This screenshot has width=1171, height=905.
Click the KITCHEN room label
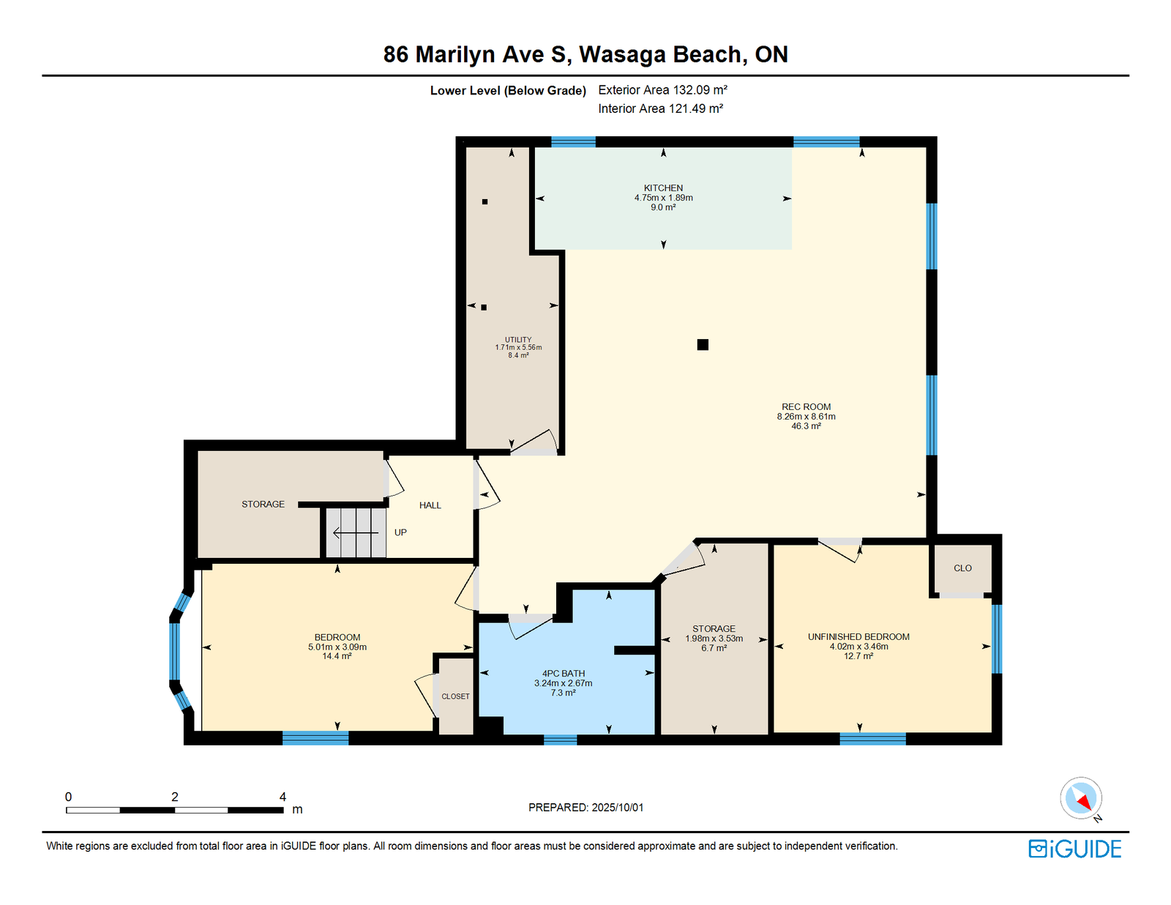[x=663, y=188]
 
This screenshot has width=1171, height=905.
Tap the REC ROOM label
[x=806, y=407]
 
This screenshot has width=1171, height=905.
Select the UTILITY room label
[x=518, y=340]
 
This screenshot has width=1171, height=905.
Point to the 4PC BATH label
[x=563, y=673]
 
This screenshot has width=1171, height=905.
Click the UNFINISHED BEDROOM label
[x=858, y=636]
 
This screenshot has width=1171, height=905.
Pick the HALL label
[x=430, y=505]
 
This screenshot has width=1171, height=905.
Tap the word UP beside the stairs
[x=400, y=532]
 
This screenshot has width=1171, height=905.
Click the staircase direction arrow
[x=356, y=533]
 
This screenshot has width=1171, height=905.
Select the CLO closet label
[x=962, y=568]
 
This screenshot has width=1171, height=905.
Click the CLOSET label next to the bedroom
[x=455, y=696]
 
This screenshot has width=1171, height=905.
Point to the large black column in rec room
[x=702, y=344]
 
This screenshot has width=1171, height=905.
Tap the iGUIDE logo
[x=1074, y=849]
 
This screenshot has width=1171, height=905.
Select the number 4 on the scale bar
[x=283, y=797]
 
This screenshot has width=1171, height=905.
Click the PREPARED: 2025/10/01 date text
[x=585, y=808]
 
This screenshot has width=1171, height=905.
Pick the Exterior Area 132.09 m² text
[x=662, y=90]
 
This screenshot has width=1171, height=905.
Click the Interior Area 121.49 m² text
[x=660, y=108]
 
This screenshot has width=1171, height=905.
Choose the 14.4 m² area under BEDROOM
[x=337, y=656]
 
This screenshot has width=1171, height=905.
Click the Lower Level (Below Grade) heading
[x=508, y=91]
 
